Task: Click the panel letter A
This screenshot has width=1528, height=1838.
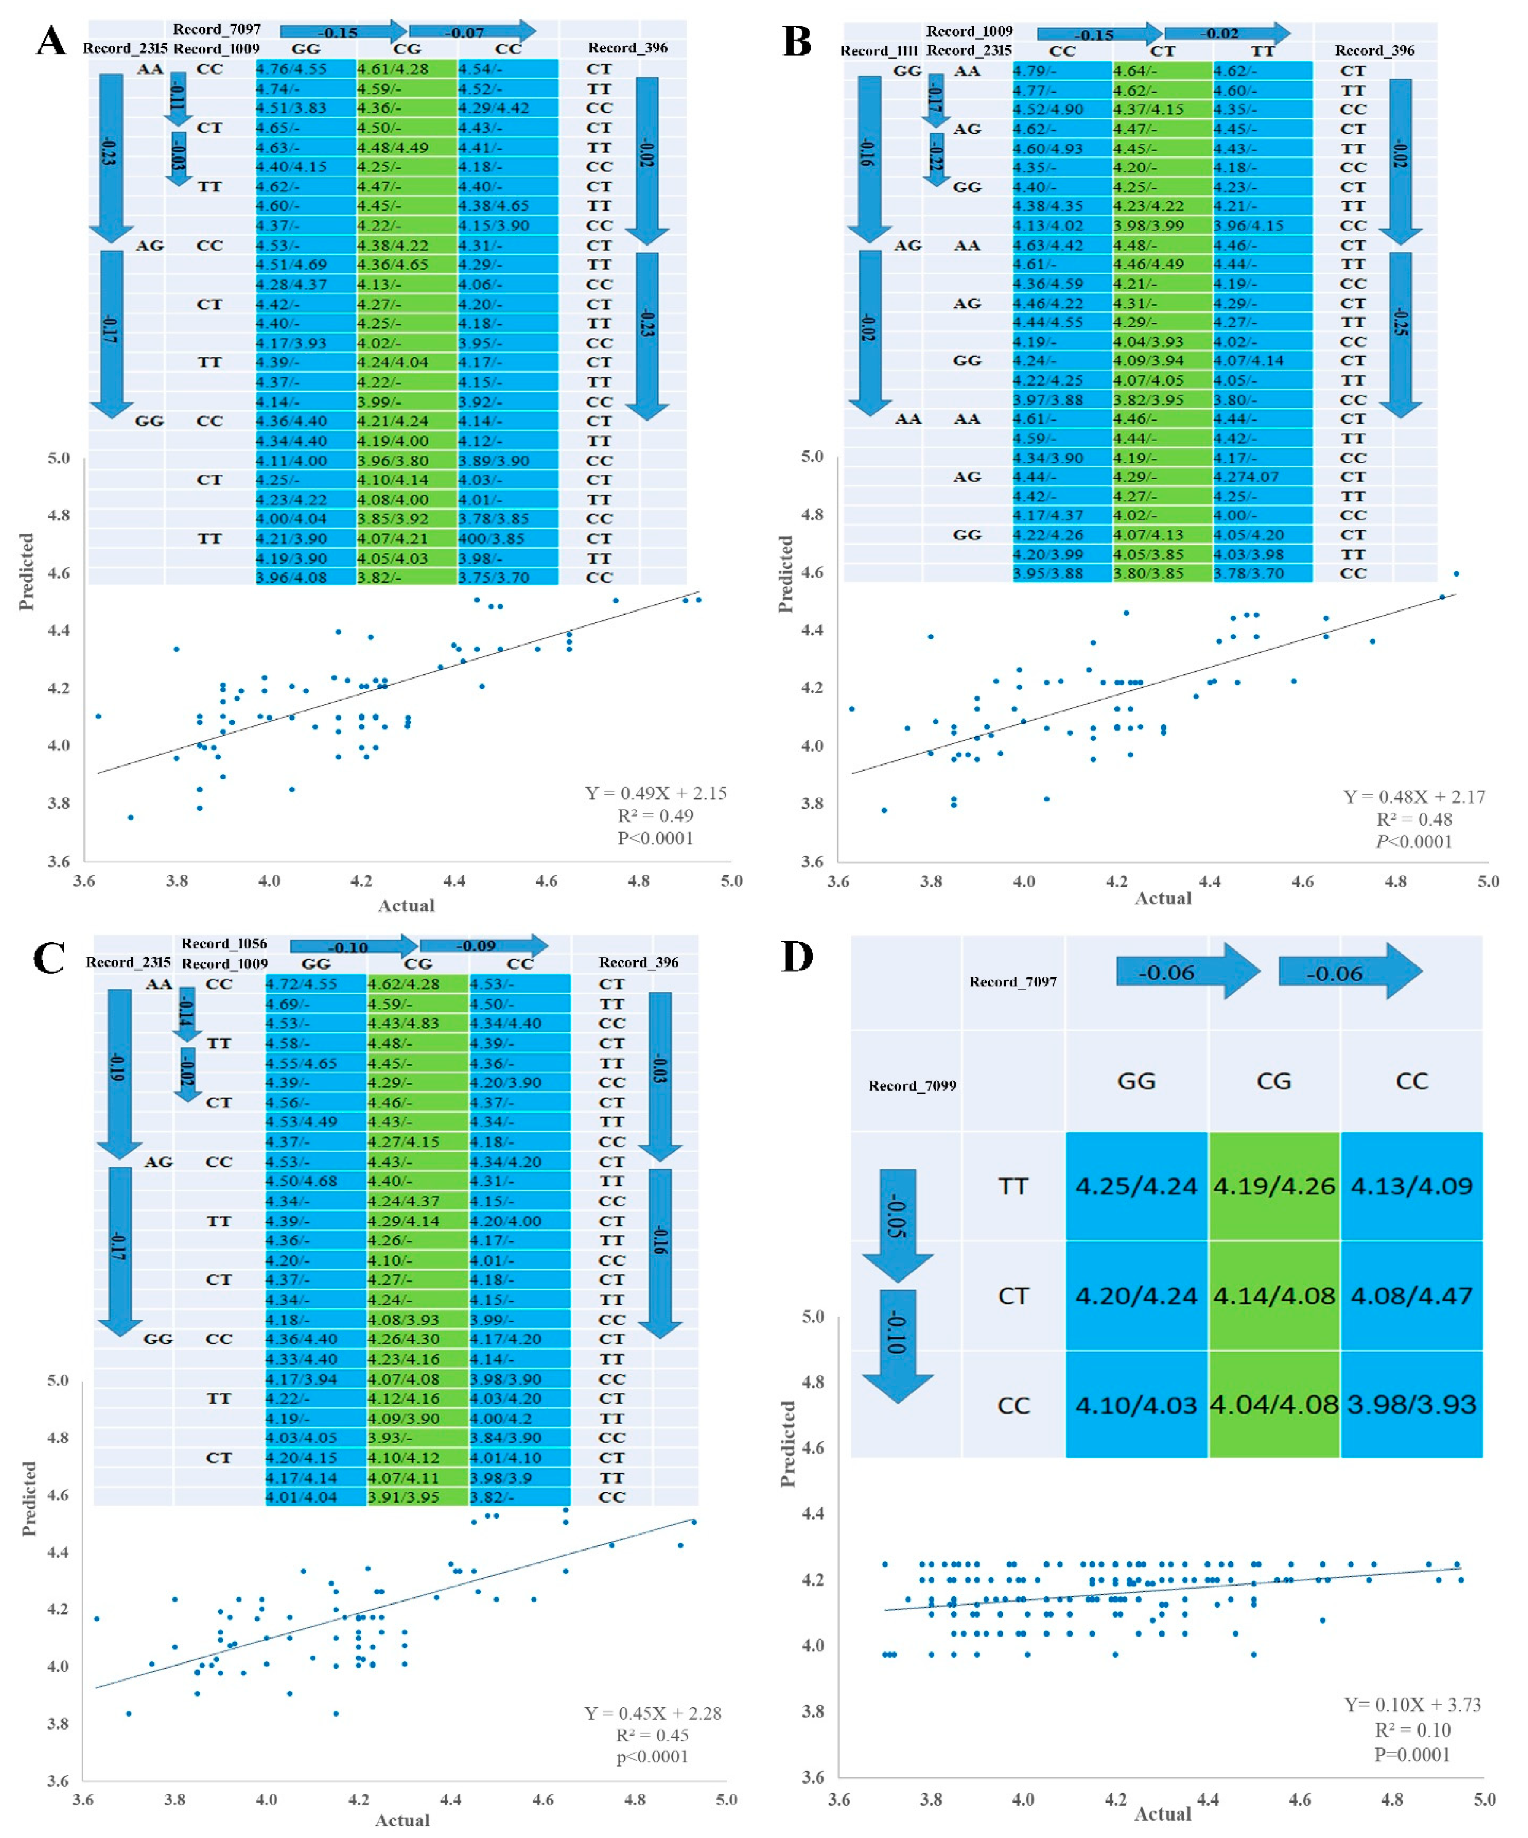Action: (51, 41)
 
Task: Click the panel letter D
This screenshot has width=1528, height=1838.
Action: (797, 957)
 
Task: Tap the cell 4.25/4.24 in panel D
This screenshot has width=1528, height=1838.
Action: (1136, 1186)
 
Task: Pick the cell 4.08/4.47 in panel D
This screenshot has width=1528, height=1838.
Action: (1412, 1296)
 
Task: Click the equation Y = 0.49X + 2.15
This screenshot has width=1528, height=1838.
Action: (656, 793)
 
